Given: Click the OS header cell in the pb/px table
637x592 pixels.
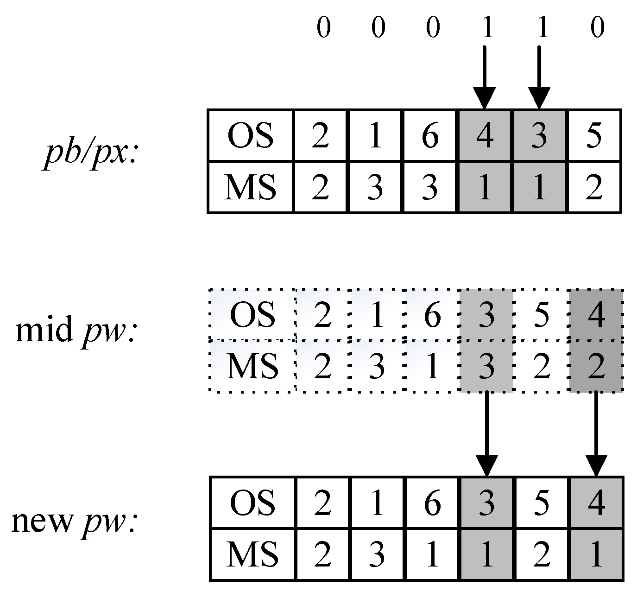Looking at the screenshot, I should coord(250,136).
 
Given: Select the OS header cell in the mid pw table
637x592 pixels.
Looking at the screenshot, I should coord(252,315).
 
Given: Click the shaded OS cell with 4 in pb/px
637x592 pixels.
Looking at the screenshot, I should coord(486,136).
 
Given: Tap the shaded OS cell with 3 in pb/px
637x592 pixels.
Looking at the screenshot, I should coord(539,136).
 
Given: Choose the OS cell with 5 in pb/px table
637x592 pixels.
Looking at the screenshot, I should coord(594,136).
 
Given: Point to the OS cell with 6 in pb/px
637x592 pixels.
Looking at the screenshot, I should coord(430,136).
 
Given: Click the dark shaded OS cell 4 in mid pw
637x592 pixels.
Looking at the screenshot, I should coord(596,315).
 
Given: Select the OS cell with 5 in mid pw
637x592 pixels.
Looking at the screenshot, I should coord(541,315).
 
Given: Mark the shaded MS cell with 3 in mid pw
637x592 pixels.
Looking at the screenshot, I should coord(486,366).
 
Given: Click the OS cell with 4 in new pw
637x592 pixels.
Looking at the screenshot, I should coord(596,503).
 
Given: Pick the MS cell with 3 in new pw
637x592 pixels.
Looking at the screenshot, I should coord(378,554).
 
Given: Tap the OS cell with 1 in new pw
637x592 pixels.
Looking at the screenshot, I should coord(378,503).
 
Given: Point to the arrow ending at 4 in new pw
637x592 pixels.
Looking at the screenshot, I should coord(596,433).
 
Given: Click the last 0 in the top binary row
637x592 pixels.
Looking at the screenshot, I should coord(598,28).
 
